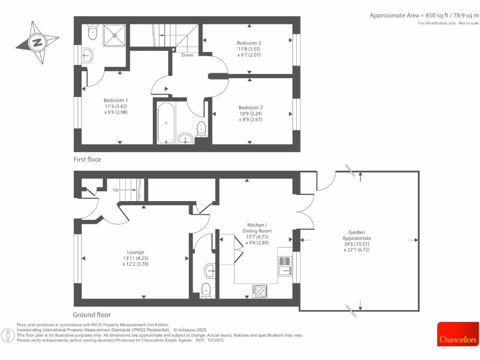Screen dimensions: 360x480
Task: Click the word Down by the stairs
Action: (187, 55)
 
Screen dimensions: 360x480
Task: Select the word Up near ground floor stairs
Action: (116, 190)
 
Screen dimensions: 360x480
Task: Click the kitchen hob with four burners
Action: (259, 291)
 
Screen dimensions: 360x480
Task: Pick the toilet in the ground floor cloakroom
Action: (206, 291)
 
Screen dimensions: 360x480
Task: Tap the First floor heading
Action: (87, 159)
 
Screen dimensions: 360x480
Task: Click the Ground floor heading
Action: (92, 315)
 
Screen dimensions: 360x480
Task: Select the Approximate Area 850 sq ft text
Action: (424, 15)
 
